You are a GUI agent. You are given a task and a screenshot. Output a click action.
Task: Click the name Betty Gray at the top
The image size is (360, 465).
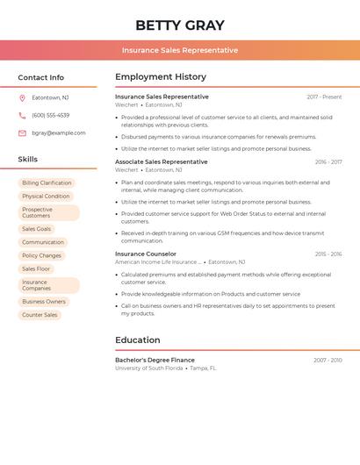point(180,25)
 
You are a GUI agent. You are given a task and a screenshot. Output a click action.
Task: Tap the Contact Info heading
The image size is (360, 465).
point(41,77)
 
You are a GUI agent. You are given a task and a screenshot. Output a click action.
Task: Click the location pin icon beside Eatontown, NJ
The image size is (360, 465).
point(22,97)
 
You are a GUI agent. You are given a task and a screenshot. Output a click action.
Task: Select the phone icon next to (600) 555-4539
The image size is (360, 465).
point(22,115)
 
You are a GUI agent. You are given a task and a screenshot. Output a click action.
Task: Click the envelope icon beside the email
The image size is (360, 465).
point(22,133)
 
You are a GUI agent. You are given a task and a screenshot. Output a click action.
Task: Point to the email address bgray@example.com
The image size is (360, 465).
point(59,133)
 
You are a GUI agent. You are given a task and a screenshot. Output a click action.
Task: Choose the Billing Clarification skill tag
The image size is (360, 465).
point(47,183)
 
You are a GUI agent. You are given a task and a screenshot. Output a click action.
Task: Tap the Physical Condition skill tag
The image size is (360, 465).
point(46,197)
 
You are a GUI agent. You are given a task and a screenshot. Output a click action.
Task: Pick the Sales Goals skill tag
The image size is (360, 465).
point(36,229)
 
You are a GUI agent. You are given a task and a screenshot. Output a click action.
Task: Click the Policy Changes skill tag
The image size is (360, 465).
point(41,255)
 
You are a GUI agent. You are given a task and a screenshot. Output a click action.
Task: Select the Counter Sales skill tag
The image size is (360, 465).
point(40,315)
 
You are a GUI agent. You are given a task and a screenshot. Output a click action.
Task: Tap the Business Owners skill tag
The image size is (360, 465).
point(44,302)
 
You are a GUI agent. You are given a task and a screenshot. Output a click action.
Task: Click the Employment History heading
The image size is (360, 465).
point(161,77)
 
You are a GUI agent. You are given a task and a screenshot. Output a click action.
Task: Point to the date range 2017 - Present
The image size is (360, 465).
point(324,97)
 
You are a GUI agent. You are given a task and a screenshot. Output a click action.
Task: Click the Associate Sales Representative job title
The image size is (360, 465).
point(162,161)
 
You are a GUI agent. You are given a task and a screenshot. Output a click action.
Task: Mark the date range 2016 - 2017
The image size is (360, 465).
point(328,162)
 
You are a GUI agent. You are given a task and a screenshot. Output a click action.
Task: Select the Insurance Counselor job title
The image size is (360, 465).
point(146,254)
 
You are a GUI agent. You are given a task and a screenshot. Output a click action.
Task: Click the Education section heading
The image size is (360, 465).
point(138,340)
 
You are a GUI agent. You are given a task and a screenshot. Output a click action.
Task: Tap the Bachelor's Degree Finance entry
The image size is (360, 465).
point(155,360)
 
